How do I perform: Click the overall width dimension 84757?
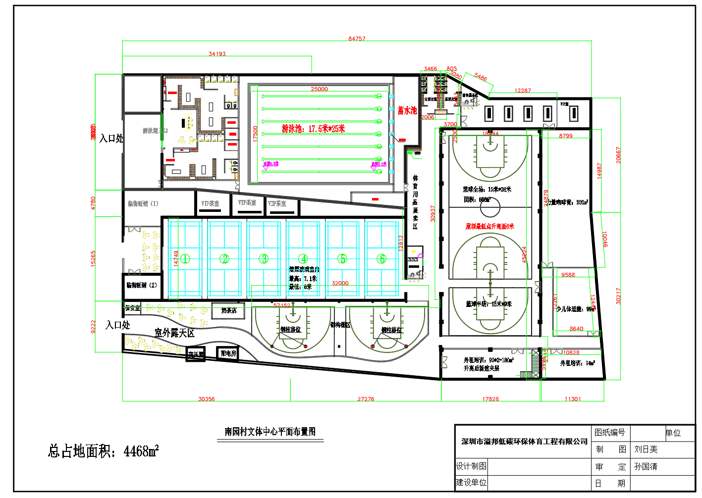tap(357, 39)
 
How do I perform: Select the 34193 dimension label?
tap(217, 54)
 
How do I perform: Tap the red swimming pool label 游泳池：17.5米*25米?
tap(313, 129)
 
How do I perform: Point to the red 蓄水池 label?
tap(407, 111)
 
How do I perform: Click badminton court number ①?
tap(185, 259)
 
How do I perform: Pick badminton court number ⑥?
tap(381, 259)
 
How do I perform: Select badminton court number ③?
tap(264, 259)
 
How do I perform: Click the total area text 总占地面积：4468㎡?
tap(103, 451)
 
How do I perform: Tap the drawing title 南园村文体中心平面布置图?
tap(270, 432)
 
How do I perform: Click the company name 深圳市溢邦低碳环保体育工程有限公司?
tap(524, 442)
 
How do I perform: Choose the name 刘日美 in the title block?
tap(646, 449)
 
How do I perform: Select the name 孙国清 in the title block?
tap(646, 467)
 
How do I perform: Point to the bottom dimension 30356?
tap(207, 399)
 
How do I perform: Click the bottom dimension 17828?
tap(490, 399)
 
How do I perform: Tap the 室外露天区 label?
tap(174, 333)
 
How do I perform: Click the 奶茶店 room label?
tap(228, 311)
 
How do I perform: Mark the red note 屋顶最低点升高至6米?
tap(489, 226)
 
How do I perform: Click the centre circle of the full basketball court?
tap(490, 208)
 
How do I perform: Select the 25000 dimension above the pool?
tap(319, 89)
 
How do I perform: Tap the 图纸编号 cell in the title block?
tap(609, 433)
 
